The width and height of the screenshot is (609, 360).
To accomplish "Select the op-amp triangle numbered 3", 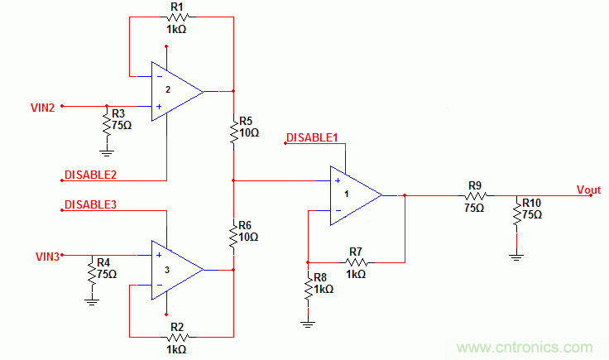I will click(175, 270).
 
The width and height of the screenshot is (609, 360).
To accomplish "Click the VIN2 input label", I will click(43, 106).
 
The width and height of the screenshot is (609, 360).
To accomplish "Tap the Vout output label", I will click(588, 190).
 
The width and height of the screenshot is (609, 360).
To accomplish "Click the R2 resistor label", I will click(175, 326).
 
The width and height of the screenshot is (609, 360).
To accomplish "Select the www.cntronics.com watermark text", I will click(530, 348).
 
